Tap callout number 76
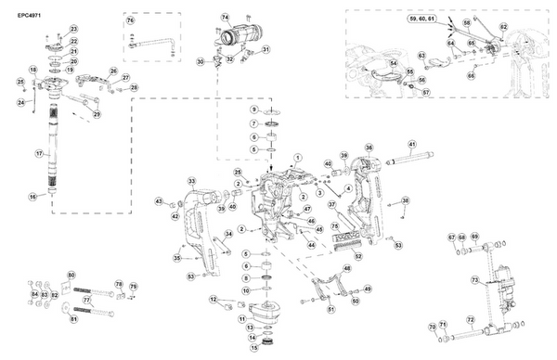(x=130, y=19)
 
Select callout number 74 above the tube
(x=225, y=18)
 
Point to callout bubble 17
(x=39, y=152)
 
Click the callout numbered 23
(x=73, y=30)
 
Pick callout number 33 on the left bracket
(x=191, y=181)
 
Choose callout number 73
(x=473, y=278)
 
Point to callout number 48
(x=347, y=268)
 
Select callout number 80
(x=72, y=276)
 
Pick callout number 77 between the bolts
(x=85, y=301)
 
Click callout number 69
(x=473, y=238)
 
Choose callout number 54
(x=394, y=63)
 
